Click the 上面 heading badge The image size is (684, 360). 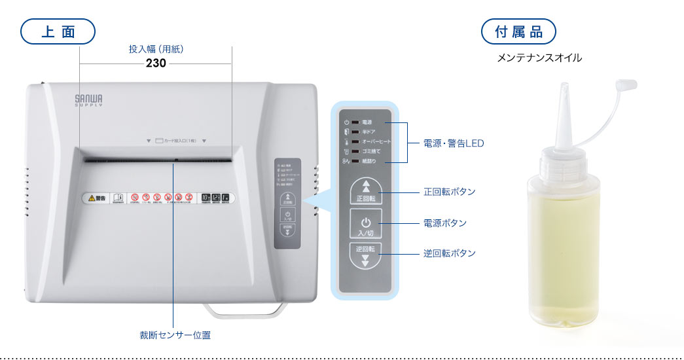58,31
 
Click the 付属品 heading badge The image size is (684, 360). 518,31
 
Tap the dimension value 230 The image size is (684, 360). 156,63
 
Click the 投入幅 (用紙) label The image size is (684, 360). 156,48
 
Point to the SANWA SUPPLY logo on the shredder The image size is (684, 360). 88,99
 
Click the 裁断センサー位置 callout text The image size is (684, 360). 175,334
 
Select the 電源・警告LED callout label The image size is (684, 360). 454,143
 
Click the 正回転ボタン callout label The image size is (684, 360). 449,192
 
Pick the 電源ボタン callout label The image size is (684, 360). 445,223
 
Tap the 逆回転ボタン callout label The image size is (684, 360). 449,253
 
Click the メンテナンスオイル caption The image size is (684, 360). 539,58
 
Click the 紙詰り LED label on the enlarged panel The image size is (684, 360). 369,161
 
